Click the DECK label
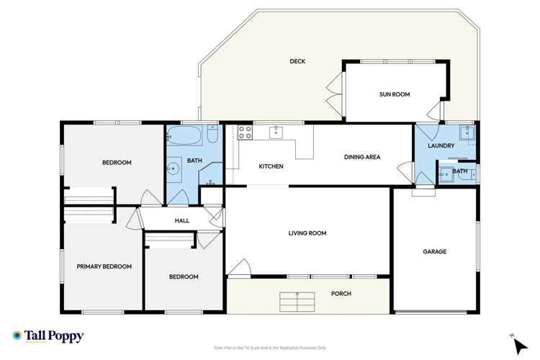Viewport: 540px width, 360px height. (x=297, y=62)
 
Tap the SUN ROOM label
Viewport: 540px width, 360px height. (x=395, y=94)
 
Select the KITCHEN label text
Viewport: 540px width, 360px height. (x=271, y=166)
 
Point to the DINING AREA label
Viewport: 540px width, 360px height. (x=361, y=157)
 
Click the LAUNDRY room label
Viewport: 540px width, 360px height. (x=440, y=146)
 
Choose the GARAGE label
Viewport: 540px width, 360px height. (x=434, y=252)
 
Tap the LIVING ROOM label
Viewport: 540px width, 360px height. (x=307, y=233)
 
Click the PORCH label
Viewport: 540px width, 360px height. (x=341, y=294)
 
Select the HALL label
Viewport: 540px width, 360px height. (x=181, y=220)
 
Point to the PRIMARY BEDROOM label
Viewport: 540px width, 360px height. (x=104, y=266)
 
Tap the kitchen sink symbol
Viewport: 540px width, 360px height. (x=276, y=132)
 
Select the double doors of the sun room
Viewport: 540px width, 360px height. (x=333, y=94)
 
